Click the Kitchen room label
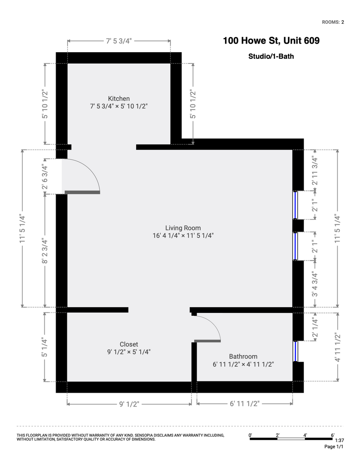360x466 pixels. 119,98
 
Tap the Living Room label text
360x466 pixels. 183,228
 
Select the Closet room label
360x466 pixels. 129,344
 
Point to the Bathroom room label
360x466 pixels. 243,356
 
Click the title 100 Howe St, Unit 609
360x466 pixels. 271,41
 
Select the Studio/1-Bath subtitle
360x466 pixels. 271,56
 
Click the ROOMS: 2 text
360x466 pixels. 333,22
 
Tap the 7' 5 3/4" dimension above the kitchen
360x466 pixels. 119,41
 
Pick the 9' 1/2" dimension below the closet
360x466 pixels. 129,404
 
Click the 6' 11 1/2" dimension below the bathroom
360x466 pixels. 245,403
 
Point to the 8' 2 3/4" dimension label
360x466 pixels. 44,251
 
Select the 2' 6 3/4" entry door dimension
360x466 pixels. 44,176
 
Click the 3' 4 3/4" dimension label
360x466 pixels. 315,284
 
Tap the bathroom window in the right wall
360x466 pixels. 295,351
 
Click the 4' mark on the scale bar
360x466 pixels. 305,435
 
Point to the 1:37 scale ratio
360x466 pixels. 339,441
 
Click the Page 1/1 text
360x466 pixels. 334,447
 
